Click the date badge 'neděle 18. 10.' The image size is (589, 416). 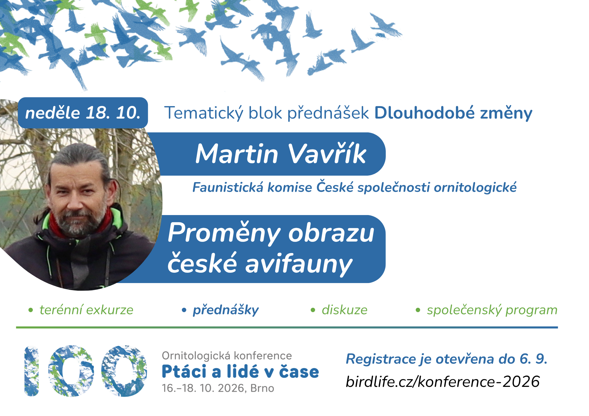coord(83,113)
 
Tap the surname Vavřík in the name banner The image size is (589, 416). coord(327,154)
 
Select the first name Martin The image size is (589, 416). coord(237,154)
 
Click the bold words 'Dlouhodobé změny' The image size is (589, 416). coord(453,113)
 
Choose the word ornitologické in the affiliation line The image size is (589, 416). coord(475,187)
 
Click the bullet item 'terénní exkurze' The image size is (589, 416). coord(86,310)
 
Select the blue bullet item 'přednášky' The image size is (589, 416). coord(226,310)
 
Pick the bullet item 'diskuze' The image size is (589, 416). coord(345,310)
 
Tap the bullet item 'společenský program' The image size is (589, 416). coord(492,310)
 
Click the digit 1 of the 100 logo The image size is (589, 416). coord(32,371)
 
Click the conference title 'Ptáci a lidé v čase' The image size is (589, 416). coord(240,372)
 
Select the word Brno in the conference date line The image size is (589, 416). coord(262,388)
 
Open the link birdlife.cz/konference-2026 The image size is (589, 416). coord(443,382)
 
